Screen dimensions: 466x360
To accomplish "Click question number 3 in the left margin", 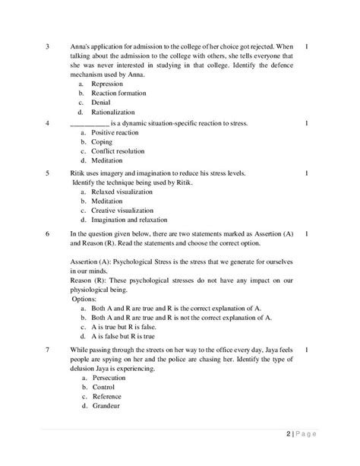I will tap(48, 46).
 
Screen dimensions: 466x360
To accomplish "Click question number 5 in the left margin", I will tap(48, 173).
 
